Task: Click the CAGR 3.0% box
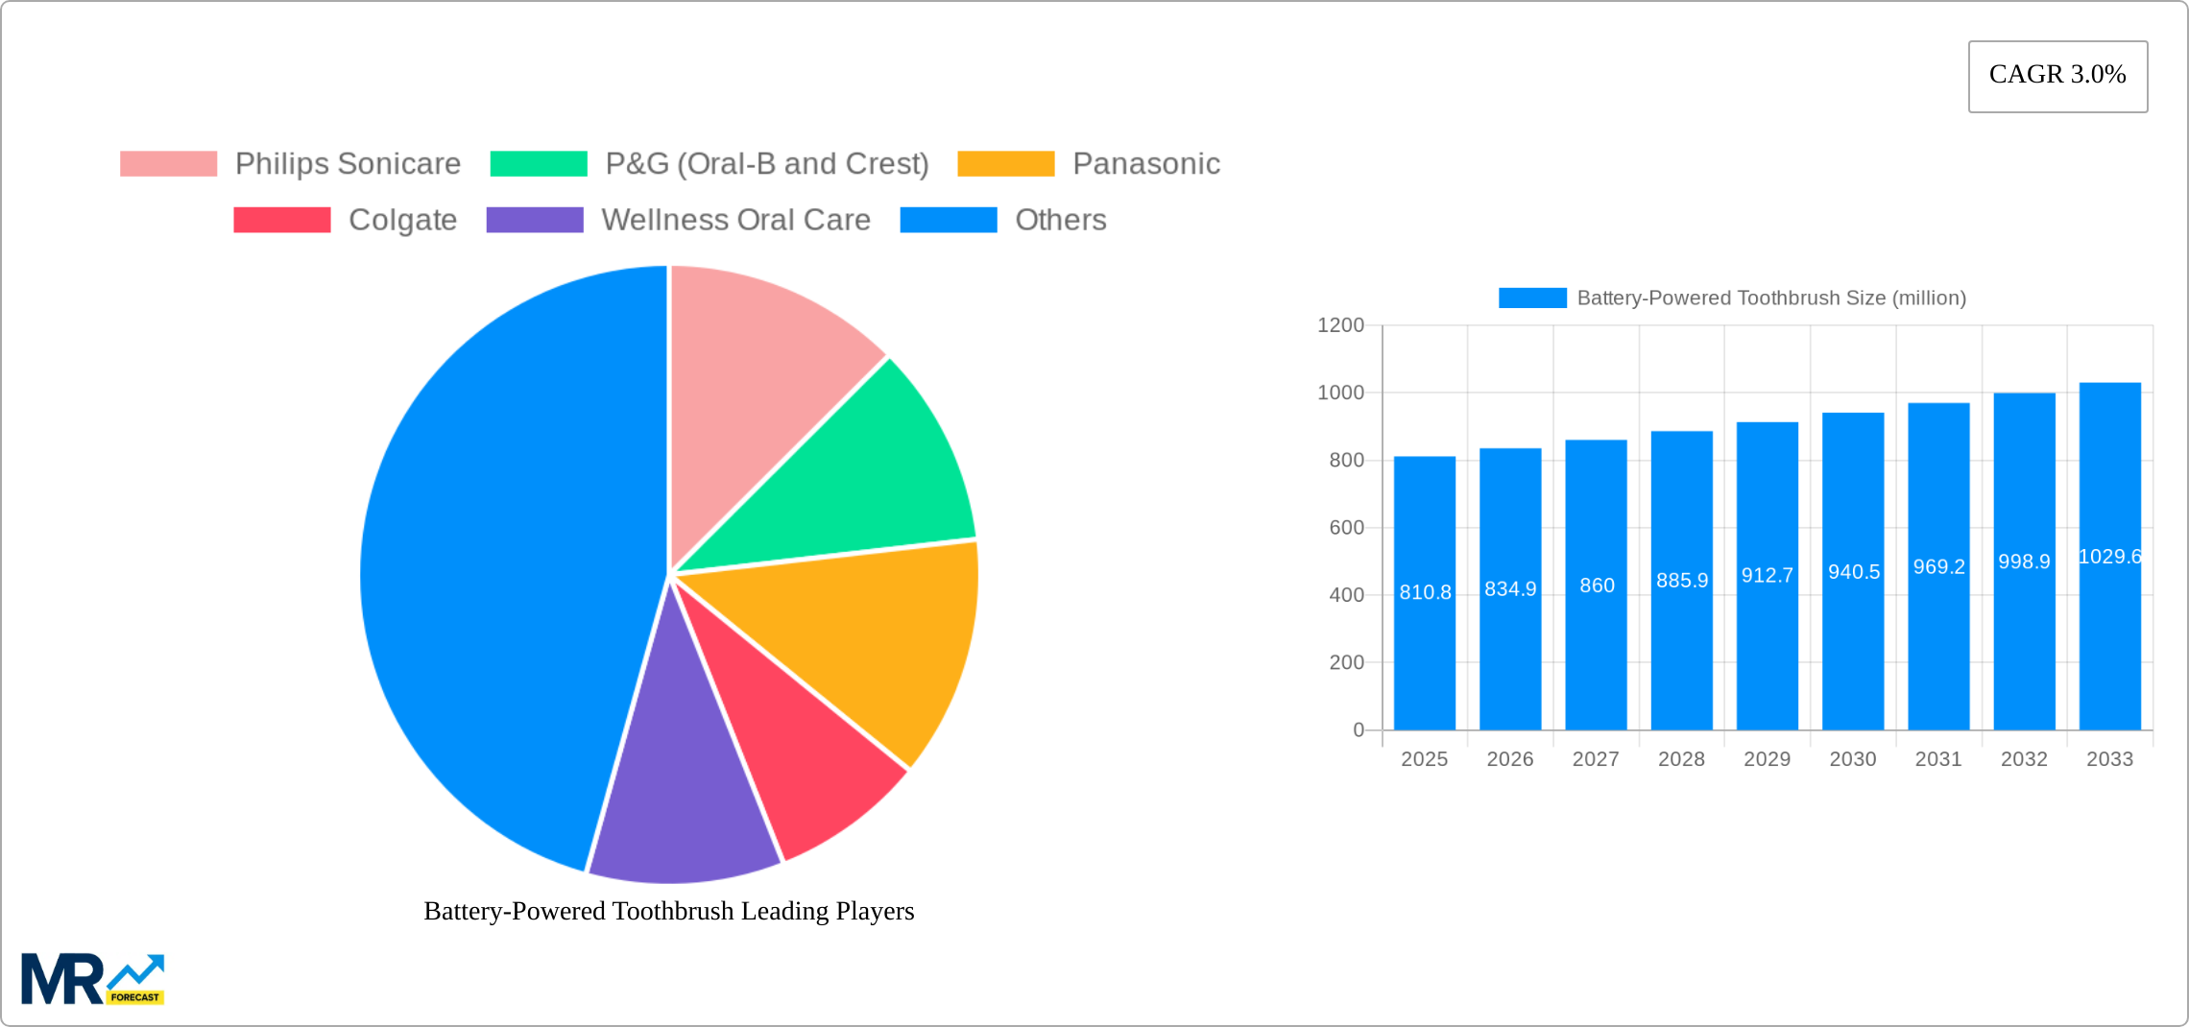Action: pyautogui.click(x=2057, y=76)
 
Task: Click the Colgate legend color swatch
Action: pyautogui.click(x=282, y=220)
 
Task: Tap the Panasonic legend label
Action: pyautogui.click(x=1145, y=164)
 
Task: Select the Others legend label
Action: pyautogui.click(x=1060, y=220)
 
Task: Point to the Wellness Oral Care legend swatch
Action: pyautogui.click(x=535, y=220)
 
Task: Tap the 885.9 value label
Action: pyautogui.click(x=1682, y=581)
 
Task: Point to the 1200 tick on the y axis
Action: pyautogui.click(x=1340, y=325)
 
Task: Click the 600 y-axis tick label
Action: pyautogui.click(x=1346, y=528)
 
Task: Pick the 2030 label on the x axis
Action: pyautogui.click(x=1852, y=759)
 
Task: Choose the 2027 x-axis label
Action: pyautogui.click(x=1596, y=759)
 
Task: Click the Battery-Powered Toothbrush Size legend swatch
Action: pyautogui.click(x=1532, y=299)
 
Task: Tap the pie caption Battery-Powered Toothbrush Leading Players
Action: pyautogui.click(x=669, y=911)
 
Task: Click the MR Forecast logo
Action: pyautogui.click(x=93, y=979)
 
